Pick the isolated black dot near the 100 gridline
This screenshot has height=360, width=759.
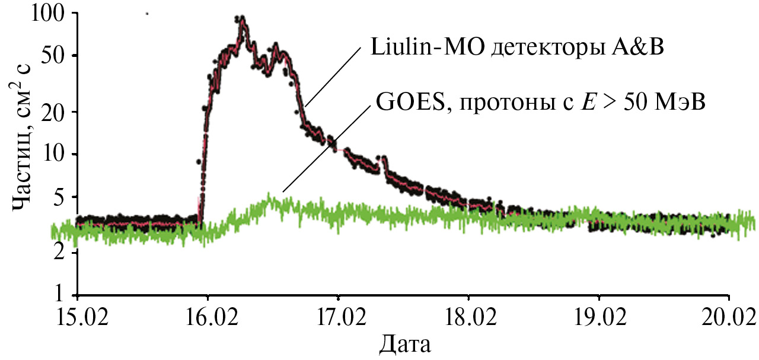coord(146,13)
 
